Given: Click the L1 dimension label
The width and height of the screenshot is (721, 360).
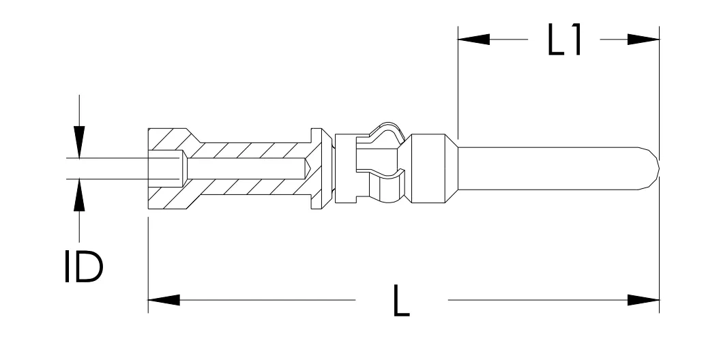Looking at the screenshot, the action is tap(565, 40).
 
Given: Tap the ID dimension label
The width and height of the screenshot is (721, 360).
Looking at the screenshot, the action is tap(83, 267).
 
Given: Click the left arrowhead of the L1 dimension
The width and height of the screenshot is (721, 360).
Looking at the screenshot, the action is tap(473, 40).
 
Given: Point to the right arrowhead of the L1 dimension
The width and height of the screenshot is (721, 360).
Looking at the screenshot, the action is tap(643, 40).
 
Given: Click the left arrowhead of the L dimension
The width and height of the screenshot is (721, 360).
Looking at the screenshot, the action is tap(164, 300).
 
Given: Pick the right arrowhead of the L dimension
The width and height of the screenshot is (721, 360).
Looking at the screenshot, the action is tap(643, 300).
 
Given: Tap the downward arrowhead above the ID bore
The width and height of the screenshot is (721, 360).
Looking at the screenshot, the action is tap(79, 142).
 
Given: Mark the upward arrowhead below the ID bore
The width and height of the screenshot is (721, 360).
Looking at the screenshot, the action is tap(79, 195).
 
